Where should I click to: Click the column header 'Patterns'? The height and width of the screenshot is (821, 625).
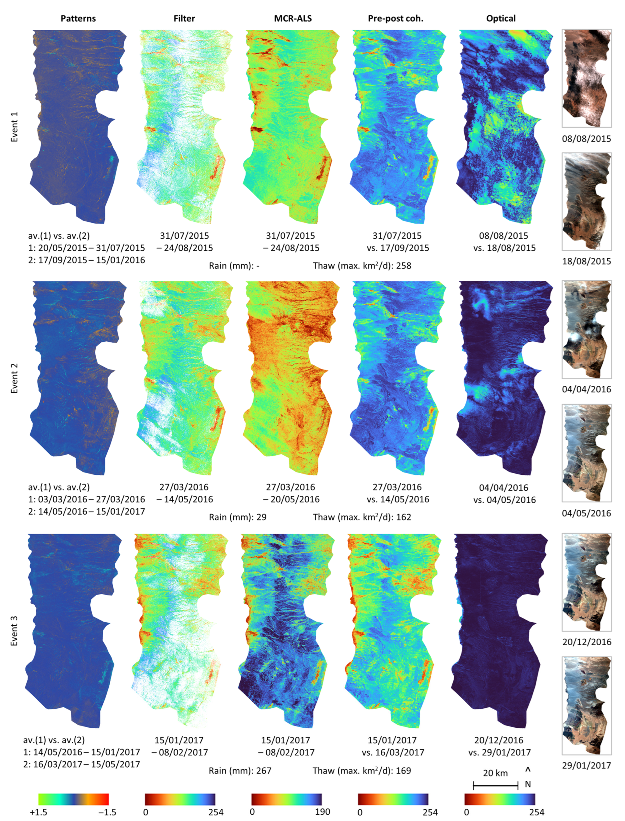(x=78, y=18)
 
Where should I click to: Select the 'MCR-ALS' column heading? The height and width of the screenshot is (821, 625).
(x=293, y=18)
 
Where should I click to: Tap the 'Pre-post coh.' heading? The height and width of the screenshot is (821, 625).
(x=396, y=18)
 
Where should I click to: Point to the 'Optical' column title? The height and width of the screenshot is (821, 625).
(x=501, y=18)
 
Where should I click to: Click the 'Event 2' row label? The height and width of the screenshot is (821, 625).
(x=14, y=378)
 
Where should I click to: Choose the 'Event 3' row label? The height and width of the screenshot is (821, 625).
(x=14, y=630)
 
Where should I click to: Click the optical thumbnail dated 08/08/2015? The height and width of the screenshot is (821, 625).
(x=586, y=78)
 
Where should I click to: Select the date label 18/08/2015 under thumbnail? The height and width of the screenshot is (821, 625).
(x=586, y=261)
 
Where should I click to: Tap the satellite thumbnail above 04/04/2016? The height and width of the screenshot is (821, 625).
(x=586, y=329)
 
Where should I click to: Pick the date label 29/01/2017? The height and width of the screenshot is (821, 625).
(x=586, y=765)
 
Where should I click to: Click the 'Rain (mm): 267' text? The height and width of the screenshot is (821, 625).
(x=240, y=770)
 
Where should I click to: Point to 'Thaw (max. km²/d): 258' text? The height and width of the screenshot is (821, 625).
(x=362, y=266)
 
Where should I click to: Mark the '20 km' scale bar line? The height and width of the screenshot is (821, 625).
(x=495, y=786)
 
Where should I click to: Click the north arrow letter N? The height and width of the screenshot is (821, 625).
(x=528, y=784)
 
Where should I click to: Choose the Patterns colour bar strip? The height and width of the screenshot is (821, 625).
(x=73, y=799)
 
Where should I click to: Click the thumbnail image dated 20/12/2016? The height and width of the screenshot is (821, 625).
(x=586, y=582)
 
